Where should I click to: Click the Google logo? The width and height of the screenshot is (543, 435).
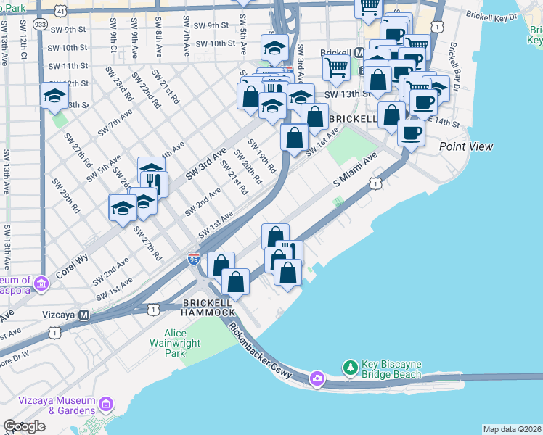[24, 426]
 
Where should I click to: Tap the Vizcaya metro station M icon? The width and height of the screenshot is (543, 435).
[83, 315]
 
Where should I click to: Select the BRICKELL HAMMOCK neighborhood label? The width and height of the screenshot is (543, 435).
[208, 307]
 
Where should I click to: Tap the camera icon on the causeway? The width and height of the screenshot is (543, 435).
[317, 378]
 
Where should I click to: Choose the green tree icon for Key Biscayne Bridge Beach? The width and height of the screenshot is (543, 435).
[351, 368]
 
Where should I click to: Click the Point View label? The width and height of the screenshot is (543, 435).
[465, 146]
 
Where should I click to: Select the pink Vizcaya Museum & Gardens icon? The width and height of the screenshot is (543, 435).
[106, 403]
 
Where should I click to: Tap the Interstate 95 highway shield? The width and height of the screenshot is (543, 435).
[193, 258]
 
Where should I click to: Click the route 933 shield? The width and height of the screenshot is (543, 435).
[40, 24]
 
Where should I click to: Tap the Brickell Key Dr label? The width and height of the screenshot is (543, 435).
[491, 14]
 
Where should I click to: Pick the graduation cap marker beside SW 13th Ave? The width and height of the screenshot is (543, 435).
[54, 95]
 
